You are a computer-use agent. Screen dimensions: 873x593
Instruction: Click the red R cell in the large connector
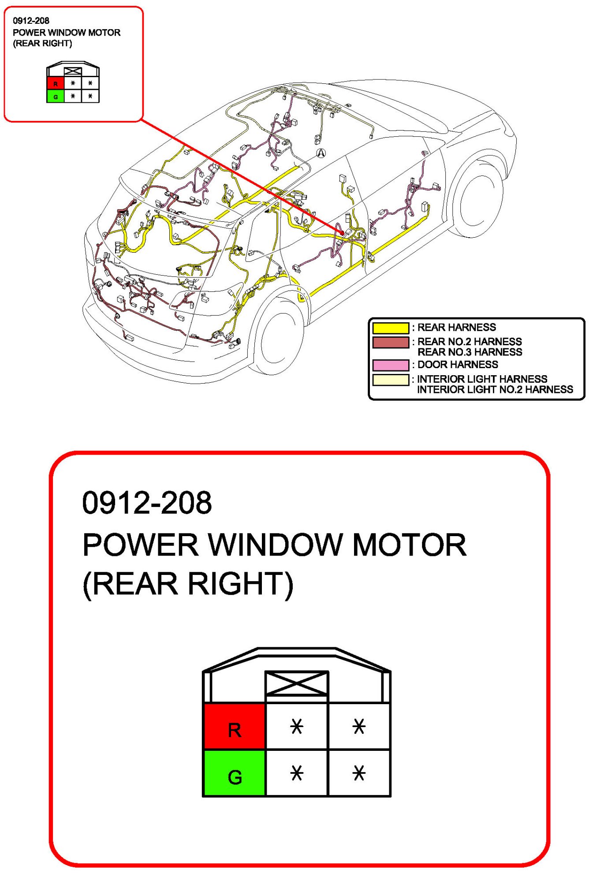pyautogui.click(x=234, y=726)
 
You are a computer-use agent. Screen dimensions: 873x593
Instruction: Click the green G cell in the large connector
pyautogui.click(x=234, y=773)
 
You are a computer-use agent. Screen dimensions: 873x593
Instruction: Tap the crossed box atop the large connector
pyautogui.click(x=296, y=683)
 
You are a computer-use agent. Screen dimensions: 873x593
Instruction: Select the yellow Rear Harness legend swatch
pyautogui.click(x=391, y=328)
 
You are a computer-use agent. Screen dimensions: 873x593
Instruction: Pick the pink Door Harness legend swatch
pyautogui.click(x=391, y=365)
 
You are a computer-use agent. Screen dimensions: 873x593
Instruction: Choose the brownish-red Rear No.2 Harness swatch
pyautogui.click(x=391, y=342)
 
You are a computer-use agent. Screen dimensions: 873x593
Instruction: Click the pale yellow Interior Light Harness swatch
pyautogui.click(x=391, y=380)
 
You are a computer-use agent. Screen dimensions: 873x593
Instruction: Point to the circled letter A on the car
pyautogui.click(x=321, y=153)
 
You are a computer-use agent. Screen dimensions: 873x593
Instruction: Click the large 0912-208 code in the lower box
pyautogui.click(x=147, y=503)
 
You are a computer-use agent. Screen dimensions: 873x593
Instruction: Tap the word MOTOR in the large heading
pyautogui.click(x=409, y=545)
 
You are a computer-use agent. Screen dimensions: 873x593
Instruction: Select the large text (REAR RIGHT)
pyautogui.click(x=188, y=584)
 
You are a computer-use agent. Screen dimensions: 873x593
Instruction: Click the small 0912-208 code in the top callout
pyautogui.click(x=31, y=20)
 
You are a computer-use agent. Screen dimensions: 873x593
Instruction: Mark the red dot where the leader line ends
pyautogui.click(x=342, y=232)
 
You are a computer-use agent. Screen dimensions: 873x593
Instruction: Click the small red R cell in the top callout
pyautogui.click(x=55, y=83)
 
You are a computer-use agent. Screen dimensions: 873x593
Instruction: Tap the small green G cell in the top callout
pyautogui.click(x=55, y=96)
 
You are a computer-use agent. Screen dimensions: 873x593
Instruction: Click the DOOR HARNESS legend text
pyautogui.click(x=457, y=365)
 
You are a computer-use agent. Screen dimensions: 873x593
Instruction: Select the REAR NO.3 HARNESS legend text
pyautogui.click(x=470, y=352)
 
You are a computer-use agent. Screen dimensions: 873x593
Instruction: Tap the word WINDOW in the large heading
pyautogui.click(x=275, y=545)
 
